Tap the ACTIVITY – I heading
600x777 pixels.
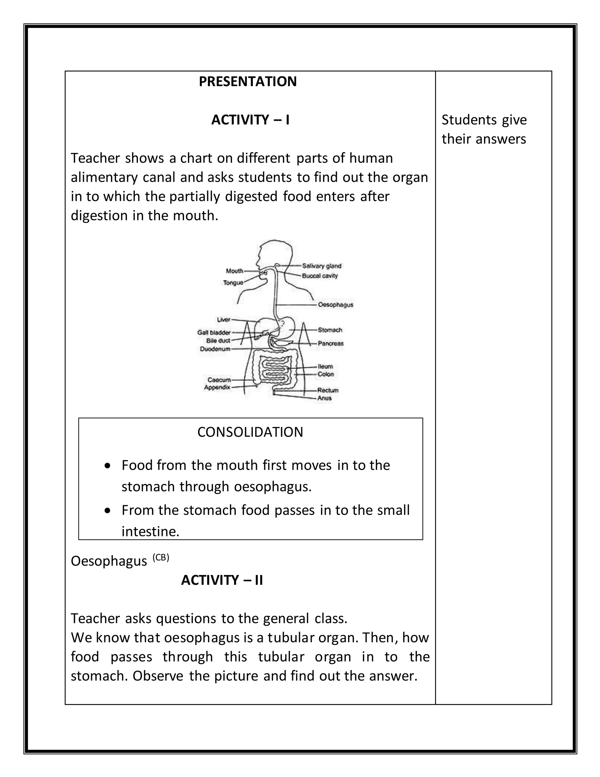(250, 120)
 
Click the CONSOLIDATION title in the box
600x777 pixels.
(250, 432)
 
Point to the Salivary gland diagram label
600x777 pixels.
(321, 266)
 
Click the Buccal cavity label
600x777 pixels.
(320, 276)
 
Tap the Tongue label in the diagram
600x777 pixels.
(233, 282)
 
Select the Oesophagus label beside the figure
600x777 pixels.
(335, 305)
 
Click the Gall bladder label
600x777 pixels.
(214, 332)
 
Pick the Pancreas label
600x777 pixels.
(330, 343)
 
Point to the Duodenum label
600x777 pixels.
(215, 349)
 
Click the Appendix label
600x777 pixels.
(217, 387)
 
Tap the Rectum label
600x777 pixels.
(328, 390)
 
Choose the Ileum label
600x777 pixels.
(325, 366)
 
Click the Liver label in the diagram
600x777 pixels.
(224, 320)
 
